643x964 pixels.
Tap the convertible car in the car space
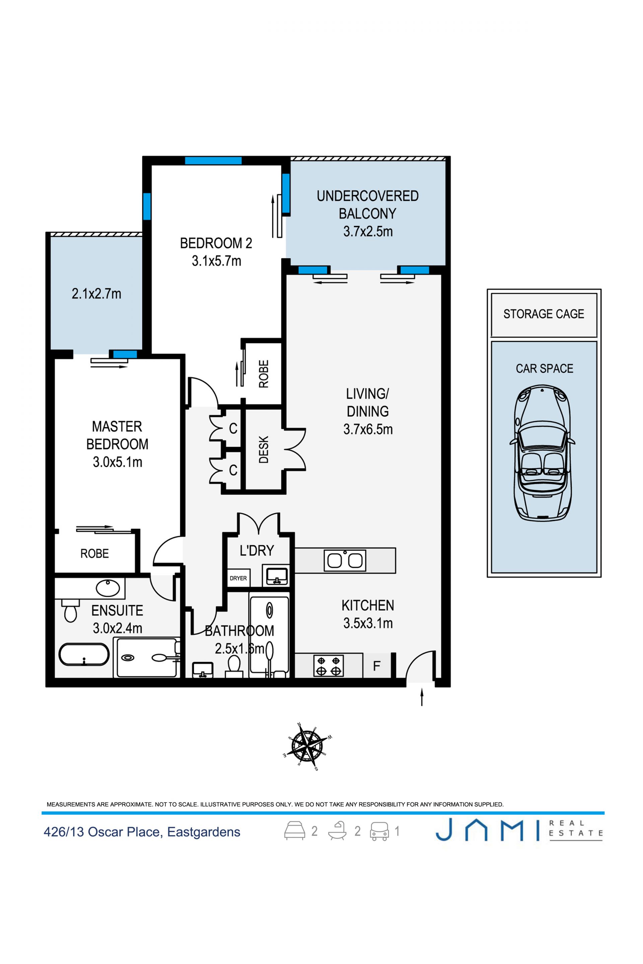(542, 453)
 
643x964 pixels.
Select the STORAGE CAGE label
(544, 314)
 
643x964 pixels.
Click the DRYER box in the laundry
(238, 578)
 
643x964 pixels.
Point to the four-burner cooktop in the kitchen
(329, 666)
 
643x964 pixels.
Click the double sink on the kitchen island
(345, 560)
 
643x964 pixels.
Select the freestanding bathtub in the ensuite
(84, 655)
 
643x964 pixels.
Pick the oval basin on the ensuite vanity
(108, 588)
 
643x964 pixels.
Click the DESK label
(264, 449)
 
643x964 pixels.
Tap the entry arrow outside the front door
(422, 697)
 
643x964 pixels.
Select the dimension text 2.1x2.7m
(96, 294)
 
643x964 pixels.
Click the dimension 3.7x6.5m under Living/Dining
(368, 429)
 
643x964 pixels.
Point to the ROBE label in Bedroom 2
(264, 374)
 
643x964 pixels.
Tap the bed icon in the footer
(295, 831)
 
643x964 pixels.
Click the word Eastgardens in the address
(204, 832)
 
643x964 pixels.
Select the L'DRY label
(257, 550)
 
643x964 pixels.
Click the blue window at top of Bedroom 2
(213, 161)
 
